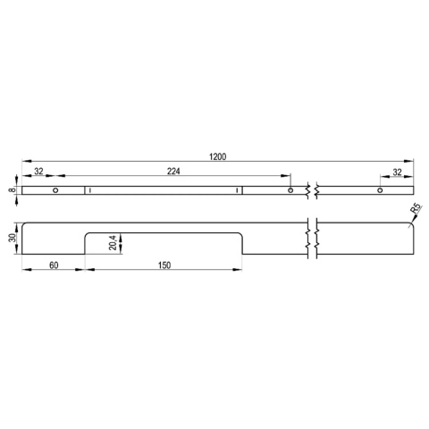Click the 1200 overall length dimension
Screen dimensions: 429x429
point(217,157)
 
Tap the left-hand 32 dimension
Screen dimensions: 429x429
point(38,172)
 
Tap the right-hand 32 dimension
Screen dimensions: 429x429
point(397,172)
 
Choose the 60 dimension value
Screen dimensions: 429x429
point(54,265)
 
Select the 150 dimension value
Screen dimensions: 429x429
point(164,265)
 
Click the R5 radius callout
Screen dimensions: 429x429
point(416,212)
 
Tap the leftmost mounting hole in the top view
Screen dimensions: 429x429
point(55,190)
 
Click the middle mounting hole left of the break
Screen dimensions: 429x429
point(290,190)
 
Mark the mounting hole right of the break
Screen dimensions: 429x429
point(379,190)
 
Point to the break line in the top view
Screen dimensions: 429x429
point(311,190)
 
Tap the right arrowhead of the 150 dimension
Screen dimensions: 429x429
point(241,271)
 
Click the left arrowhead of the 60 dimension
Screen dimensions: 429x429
point(24,271)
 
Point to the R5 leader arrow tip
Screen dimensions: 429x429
point(409,224)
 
